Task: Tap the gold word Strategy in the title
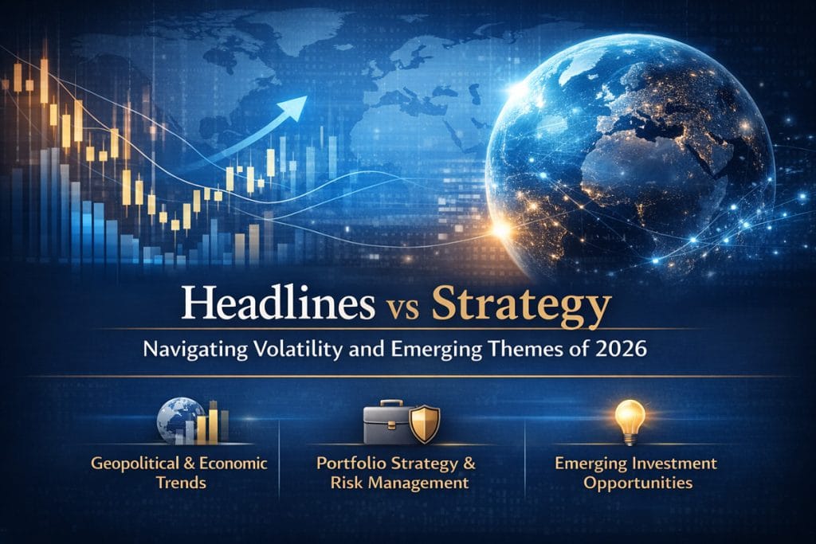521,308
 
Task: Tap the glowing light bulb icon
630,421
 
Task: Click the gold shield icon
425,424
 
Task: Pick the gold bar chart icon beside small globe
212,422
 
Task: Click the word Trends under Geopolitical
181,482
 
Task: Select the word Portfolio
351,463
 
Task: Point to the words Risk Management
400,483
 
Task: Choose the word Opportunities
637,483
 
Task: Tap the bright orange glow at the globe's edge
500,229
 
